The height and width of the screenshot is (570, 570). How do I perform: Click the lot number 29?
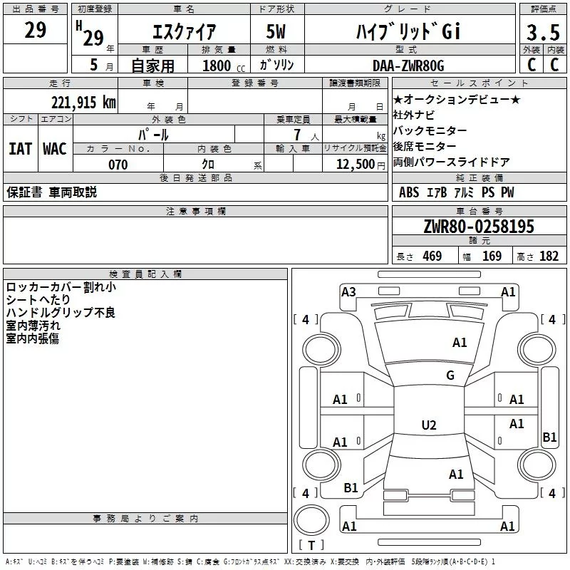tap(36, 31)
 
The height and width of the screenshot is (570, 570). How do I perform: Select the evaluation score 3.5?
tap(542, 32)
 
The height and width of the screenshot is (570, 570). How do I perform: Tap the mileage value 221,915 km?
tap(83, 102)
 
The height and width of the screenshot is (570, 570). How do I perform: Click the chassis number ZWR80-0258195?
tap(479, 227)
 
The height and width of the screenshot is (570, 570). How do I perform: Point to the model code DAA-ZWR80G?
tap(408, 66)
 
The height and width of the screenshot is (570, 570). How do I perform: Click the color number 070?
tap(118, 165)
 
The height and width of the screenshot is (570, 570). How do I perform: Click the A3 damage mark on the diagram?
tap(348, 292)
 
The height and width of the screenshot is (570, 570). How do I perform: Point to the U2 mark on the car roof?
tap(428, 425)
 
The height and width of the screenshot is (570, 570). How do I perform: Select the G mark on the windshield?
tap(450, 375)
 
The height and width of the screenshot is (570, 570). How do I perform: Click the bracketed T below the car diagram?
tap(311, 546)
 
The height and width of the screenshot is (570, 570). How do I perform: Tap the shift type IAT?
tap(20, 148)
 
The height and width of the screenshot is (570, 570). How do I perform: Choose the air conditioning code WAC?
tap(55, 148)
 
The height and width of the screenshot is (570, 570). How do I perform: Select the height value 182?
tap(549, 256)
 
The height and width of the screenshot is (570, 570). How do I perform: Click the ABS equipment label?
tap(409, 192)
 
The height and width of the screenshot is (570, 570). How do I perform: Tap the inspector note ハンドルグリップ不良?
tap(61, 313)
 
